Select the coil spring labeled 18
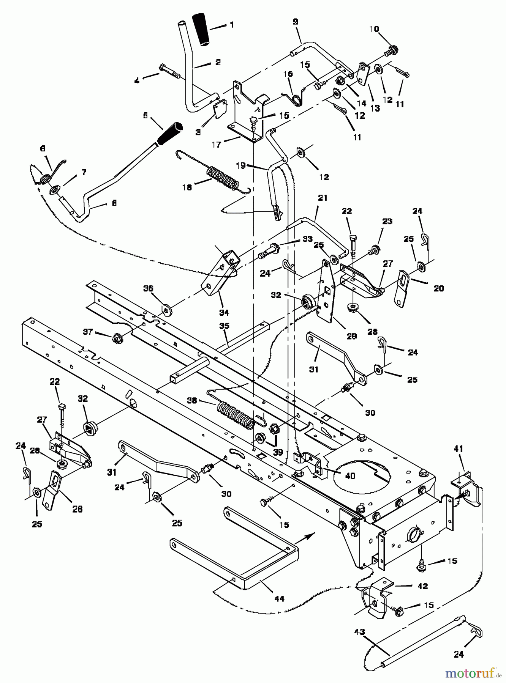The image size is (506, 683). (223, 178)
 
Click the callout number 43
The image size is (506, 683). (359, 632)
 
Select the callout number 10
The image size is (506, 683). (374, 29)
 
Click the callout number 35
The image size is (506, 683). (224, 326)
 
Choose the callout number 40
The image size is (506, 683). (349, 475)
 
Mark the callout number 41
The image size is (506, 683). (458, 449)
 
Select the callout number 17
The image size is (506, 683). (217, 144)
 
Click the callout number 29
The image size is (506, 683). (352, 336)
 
